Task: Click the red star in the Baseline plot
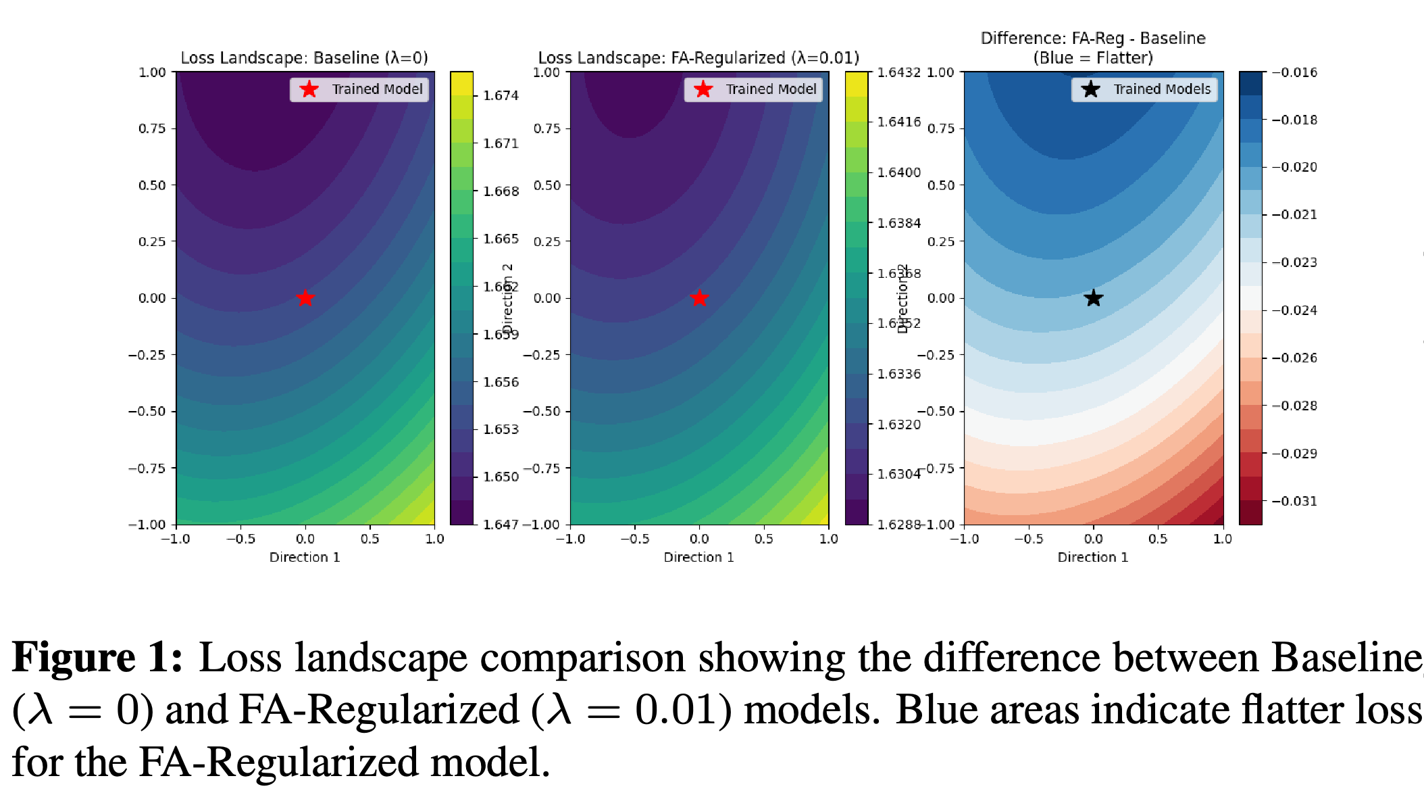(305, 297)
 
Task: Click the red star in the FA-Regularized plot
(699, 297)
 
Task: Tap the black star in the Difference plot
(1093, 297)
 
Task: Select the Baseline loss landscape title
(304, 57)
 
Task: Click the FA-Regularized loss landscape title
(698, 57)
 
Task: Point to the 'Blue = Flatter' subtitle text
(1092, 57)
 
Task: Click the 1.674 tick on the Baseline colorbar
(501, 95)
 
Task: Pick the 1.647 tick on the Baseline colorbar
(501, 525)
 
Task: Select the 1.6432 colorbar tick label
(898, 72)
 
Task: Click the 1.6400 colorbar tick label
(898, 172)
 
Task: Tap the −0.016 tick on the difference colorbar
(1294, 72)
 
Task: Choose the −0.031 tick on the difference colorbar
(1294, 501)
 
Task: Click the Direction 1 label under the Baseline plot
(305, 557)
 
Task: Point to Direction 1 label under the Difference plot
(1092, 557)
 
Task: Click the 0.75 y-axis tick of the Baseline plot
(152, 128)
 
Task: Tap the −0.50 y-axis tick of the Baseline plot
(147, 411)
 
